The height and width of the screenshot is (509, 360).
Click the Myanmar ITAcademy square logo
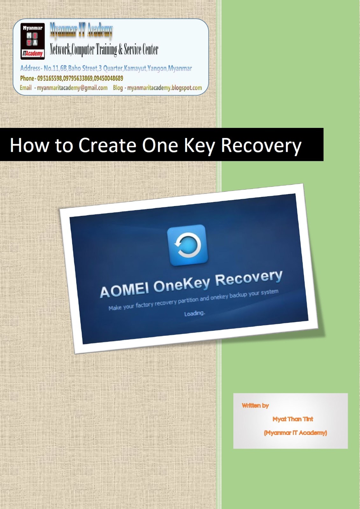point(32,41)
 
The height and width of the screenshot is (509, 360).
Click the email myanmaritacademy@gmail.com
point(72,88)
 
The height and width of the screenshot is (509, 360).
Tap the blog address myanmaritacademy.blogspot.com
point(165,88)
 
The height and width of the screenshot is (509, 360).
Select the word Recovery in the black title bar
point(261,146)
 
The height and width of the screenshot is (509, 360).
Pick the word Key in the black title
point(199,146)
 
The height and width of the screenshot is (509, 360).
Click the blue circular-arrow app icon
point(187,245)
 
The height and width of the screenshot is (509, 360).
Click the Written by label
point(255,406)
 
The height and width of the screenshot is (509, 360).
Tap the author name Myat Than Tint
point(293,419)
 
